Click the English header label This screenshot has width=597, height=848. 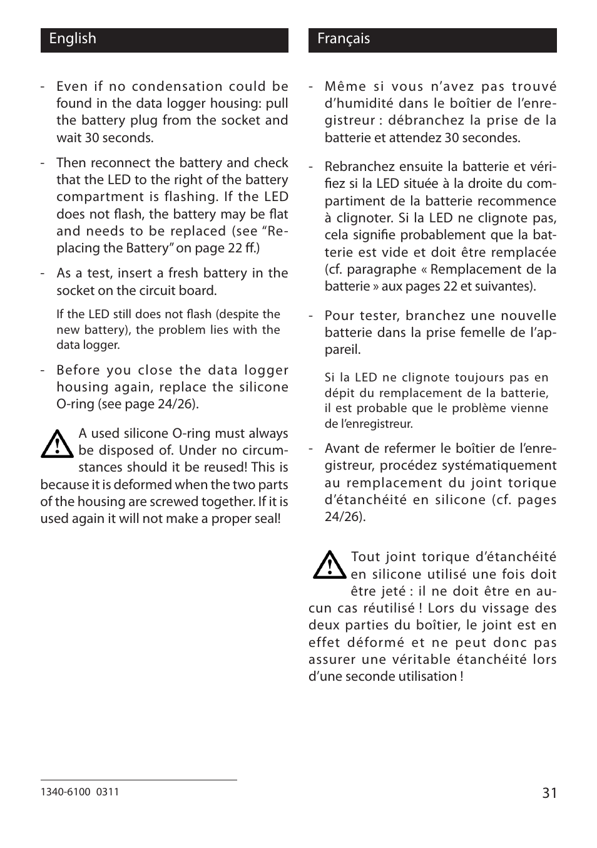[73, 39]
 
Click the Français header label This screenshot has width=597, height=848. [343, 39]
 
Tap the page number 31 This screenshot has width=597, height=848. [549, 793]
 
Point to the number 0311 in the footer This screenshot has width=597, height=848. [108, 792]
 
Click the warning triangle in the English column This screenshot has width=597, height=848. [57, 444]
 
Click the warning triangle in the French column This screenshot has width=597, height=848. [329, 565]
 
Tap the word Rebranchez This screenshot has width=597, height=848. [355, 167]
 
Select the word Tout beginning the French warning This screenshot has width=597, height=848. [365, 557]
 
